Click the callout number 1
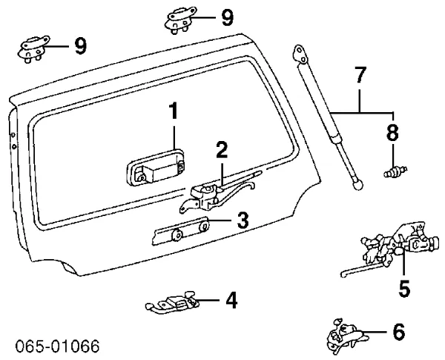pos(173,114)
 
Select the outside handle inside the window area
pos(156,173)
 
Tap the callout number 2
pos(222,150)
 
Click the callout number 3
pos(242,220)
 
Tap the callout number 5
pos(403,287)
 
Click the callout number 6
pos(398,332)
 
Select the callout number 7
pos(360,76)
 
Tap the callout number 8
pos(392,133)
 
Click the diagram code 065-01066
pos(56,347)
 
